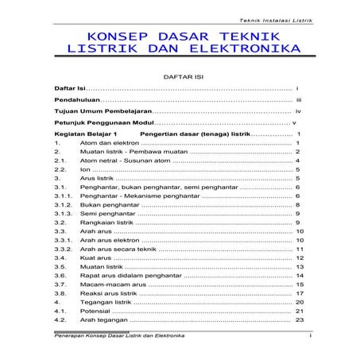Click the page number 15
point(300,284)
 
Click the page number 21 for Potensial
point(300,311)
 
